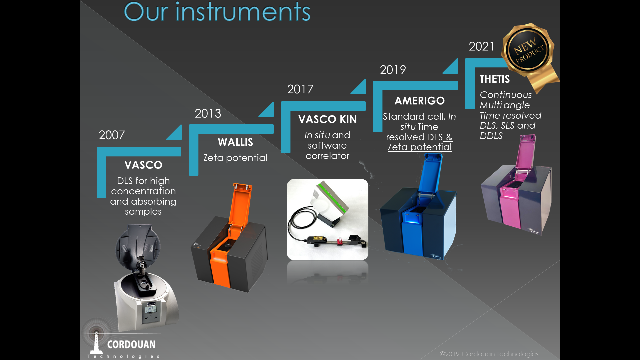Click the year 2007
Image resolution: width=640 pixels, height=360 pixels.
click(x=112, y=135)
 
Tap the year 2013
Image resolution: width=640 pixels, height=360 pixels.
click(x=208, y=113)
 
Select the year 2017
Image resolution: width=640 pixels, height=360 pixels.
click(x=300, y=89)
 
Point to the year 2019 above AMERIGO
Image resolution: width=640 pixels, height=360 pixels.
click(x=393, y=70)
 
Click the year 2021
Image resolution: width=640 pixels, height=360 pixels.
click(x=481, y=46)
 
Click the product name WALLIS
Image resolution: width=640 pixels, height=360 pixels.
click(x=235, y=142)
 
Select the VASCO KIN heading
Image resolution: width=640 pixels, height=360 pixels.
click(x=327, y=119)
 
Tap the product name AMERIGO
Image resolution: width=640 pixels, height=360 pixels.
click(x=420, y=101)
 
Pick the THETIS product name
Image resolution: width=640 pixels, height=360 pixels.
click(x=495, y=79)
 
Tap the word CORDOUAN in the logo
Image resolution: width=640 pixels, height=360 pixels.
click(x=131, y=345)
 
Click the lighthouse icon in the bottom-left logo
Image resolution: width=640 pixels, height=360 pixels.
click(x=96, y=342)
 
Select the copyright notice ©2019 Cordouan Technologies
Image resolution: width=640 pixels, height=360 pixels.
click(x=489, y=354)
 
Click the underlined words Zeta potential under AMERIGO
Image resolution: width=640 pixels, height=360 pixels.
click(x=419, y=147)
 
